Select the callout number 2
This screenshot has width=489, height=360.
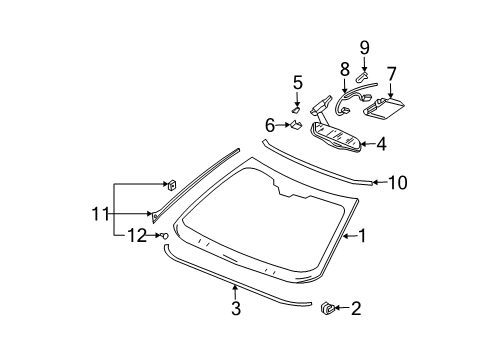tap(356, 311)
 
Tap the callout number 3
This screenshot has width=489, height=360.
tap(236, 310)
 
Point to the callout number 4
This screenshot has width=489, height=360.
tap(381, 143)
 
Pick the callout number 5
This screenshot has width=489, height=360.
tap(297, 82)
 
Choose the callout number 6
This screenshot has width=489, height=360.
tap(270, 125)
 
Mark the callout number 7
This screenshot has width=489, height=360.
tap(391, 73)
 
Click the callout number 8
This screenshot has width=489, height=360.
tap(343, 70)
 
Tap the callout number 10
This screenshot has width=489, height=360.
tap(398, 182)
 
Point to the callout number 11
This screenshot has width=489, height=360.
tap(96, 212)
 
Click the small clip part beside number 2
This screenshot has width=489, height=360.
tap(325, 310)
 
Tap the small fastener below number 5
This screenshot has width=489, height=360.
tap(295, 108)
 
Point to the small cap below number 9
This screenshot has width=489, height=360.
tap(362, 72)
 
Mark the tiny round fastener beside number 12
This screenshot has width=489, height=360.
tap(164, 235)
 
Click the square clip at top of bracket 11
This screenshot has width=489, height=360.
tap(171, 183)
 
